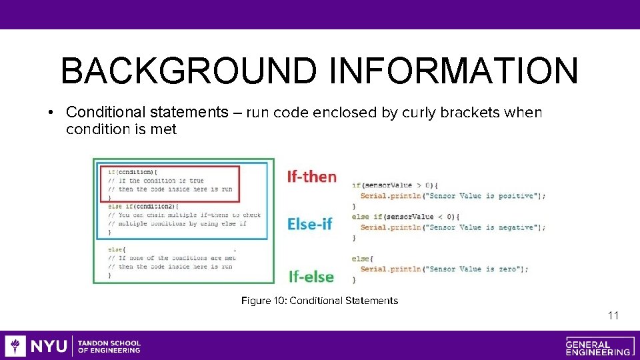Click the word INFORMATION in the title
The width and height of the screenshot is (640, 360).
(453, 71)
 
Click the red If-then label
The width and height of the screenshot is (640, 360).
(311, 177)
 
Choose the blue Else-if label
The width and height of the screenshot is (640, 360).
(309, 224)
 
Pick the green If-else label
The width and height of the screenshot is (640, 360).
(311, 275)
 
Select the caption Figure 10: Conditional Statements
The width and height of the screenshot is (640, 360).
(319, 301)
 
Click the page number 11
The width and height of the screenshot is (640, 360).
(613, 315)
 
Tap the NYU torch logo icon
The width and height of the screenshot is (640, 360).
(15, 346)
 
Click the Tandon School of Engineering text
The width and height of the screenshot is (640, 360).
(109, 346)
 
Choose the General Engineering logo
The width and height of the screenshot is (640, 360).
(598, 346)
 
